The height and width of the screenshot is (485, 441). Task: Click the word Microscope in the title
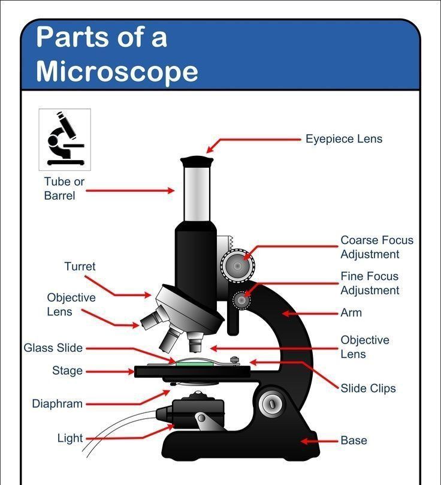tap(117, 73)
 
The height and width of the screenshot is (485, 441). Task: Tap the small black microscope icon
tap(64, 139)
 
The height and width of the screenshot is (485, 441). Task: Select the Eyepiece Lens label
tap(344, 139)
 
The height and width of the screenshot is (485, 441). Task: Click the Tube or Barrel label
tap(64, 188)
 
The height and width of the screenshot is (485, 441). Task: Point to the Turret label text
tap(80, 266)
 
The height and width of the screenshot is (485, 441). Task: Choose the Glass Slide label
tap(53, 348)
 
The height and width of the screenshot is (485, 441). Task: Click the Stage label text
tap(67, 370)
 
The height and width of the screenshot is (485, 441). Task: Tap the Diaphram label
tap(57, 403)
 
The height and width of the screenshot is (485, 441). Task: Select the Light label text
tap(70, 438)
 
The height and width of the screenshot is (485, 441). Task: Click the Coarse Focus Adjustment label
tap(377, 247)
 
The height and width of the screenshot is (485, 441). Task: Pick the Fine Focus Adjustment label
tap(370, 284)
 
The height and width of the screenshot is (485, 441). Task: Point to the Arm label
tap(351, 313)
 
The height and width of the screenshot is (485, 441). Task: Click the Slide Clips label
tap(368, 388)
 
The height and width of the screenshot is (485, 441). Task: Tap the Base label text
tap(354, 440)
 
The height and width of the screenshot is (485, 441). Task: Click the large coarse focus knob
tap(237, 266)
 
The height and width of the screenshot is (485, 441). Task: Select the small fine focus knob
tap(241, 300)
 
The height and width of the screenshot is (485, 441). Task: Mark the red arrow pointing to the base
tap(319, 441)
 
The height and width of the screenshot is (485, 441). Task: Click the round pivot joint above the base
tap(272, 403)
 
